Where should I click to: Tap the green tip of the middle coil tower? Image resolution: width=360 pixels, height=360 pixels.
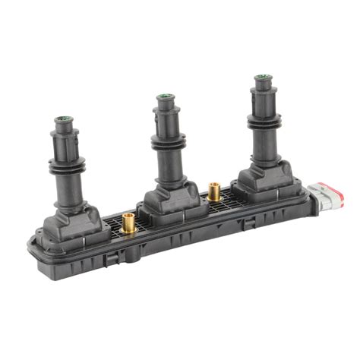pos(164,97)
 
